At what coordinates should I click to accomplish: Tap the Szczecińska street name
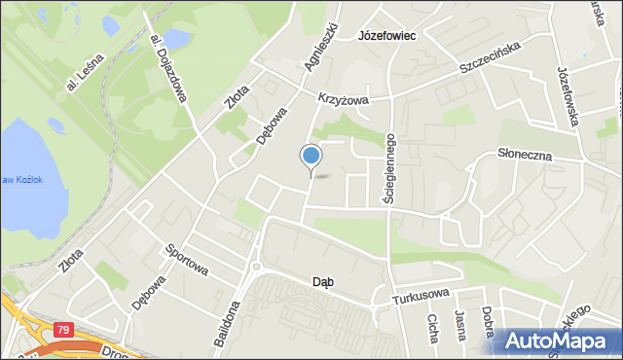click(491, 60)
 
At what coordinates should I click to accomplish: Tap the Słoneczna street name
click(525, 154)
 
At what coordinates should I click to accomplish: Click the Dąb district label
click(323, 282)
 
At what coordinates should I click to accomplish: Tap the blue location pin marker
click(311, 157)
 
